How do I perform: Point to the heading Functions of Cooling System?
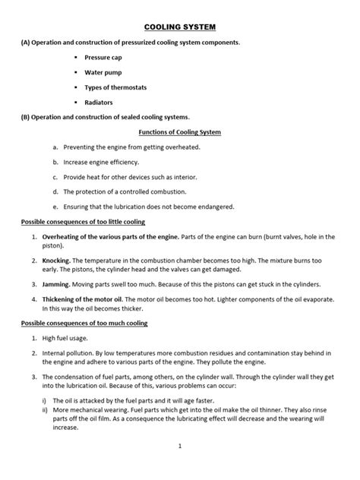178,132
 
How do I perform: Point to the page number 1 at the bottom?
180,446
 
